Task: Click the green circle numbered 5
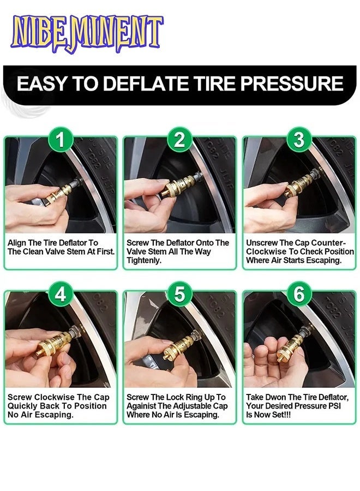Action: click(179, 295)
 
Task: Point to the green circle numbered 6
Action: click(298, 295)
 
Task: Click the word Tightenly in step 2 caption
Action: click(144, 261)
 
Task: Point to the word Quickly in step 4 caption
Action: click(23, 406)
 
